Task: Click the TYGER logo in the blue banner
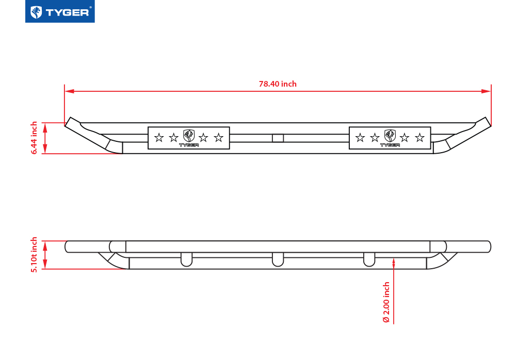[60, 12]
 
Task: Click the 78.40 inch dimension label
[278, 84]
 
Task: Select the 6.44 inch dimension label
[35, 138]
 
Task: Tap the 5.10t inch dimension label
[35, 255]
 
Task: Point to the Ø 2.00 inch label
[386, 302]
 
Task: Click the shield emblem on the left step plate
[189, 136]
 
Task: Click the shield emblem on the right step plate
[390, 136]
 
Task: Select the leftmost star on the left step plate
[159, 138]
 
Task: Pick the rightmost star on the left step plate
[218, 138]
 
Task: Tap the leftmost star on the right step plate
[360, 138]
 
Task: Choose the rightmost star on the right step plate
[420, 138]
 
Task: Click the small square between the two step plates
[278, 138]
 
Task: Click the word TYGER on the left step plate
[189, 145]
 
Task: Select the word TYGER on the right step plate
[390, 145]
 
